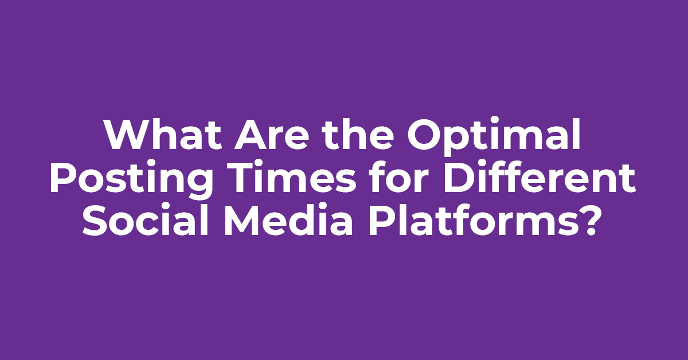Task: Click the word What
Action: coord(163,135)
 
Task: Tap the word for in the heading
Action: coord(398,177)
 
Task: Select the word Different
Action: coord(539,177)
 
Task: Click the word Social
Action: coord(146,220)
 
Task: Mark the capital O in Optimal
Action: coord(424,135)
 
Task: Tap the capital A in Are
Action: coord(251,135)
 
